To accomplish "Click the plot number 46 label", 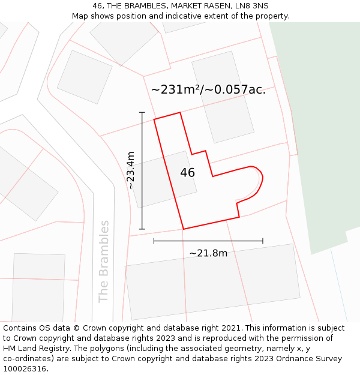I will (187, 173).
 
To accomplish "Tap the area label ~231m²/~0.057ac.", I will (208, 90).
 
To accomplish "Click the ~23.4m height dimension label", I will (131, 170).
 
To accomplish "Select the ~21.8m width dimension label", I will (208, 253).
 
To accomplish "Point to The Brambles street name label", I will (104, 261).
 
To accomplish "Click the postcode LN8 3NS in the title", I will (251, 6).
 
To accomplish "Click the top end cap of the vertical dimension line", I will (142, 112).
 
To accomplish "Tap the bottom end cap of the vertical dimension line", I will (142, 229).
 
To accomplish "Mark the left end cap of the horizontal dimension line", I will (154, 241).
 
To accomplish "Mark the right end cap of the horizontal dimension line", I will (263, 241).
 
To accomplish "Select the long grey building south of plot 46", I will (213, 282).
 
